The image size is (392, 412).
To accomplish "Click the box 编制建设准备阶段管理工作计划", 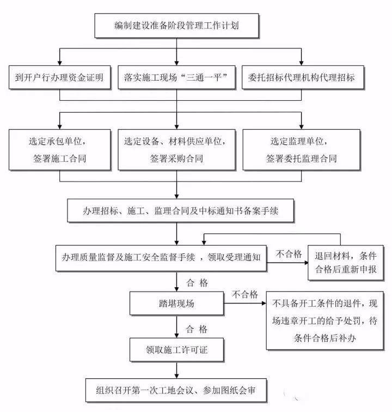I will [177, 25].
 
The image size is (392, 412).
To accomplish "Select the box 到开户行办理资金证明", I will [59, 77].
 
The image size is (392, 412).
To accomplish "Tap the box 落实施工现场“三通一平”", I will [175, 77].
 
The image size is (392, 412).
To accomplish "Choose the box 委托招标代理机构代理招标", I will [301, 77].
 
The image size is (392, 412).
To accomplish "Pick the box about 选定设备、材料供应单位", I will [177, 149].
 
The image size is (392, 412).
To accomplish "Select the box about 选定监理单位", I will [301, 149].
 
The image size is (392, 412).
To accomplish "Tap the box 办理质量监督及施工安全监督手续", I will [161, 256].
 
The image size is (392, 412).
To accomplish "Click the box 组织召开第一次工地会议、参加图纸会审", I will [177, 391].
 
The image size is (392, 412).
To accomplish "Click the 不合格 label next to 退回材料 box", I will [289, 253].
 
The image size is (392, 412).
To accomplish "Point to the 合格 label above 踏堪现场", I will [197, 283].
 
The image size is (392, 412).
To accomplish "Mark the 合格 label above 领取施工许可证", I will [197, 329].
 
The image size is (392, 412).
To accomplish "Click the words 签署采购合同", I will [176, 159].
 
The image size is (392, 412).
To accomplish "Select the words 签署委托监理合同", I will [301, 159].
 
